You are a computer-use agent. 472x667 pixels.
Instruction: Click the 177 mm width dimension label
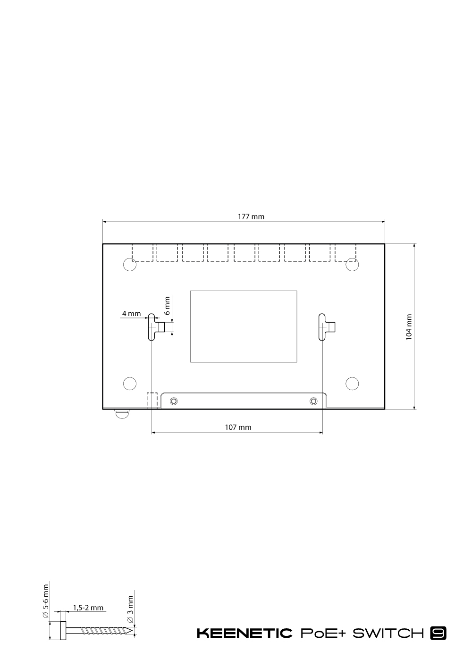click(251, 217)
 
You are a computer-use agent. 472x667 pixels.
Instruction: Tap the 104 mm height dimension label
click(409, 327)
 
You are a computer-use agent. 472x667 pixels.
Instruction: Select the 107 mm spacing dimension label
click(238, 427)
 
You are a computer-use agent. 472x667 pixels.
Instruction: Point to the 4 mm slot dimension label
click(131, 313)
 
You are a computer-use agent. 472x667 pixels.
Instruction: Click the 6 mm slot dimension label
click(167, 306)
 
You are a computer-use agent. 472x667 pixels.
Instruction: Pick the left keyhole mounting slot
click(152, 327)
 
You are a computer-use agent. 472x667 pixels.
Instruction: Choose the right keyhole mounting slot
click(322, 327)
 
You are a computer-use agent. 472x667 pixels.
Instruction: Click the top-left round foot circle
click(130, 265)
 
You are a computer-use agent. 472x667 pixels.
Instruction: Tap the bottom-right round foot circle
click(352, 384)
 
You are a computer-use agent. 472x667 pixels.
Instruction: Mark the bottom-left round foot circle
click(130, 384)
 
